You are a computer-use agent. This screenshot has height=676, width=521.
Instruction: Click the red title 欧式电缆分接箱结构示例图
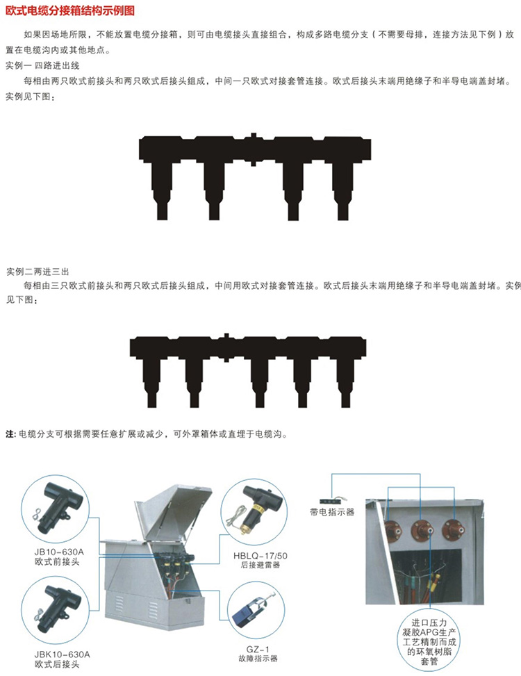(69, 10)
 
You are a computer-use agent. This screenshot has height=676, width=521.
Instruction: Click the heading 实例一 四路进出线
(42, 65)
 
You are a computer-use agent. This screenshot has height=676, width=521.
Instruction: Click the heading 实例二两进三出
(38, 272)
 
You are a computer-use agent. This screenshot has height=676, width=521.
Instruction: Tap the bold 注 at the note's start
(10, 434)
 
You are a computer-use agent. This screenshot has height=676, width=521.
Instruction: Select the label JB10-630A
(59, 552)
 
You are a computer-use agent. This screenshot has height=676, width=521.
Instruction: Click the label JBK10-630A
(62, 654)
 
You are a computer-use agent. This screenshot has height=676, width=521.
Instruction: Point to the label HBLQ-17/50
(260, 556)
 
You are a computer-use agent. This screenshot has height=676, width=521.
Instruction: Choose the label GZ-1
(258, 650)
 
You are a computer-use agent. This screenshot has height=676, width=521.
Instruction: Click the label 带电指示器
(332, 512)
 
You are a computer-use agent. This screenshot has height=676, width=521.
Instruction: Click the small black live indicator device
(331, 501)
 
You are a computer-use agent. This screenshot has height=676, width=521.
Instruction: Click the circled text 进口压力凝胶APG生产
(429, 627)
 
